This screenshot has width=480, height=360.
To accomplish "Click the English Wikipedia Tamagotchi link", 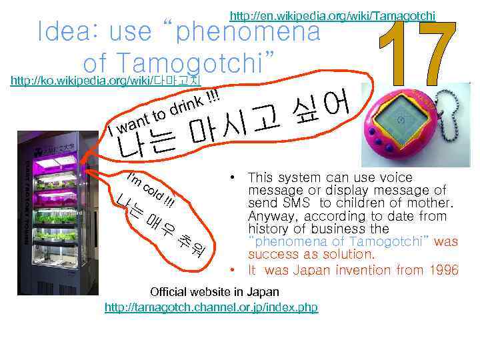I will pos(332,15).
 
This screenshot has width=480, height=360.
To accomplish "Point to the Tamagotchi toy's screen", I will pos(398,119).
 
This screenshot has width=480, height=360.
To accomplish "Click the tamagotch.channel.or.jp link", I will pos(211,307).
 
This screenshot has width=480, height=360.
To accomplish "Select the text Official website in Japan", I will pos(215,292).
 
